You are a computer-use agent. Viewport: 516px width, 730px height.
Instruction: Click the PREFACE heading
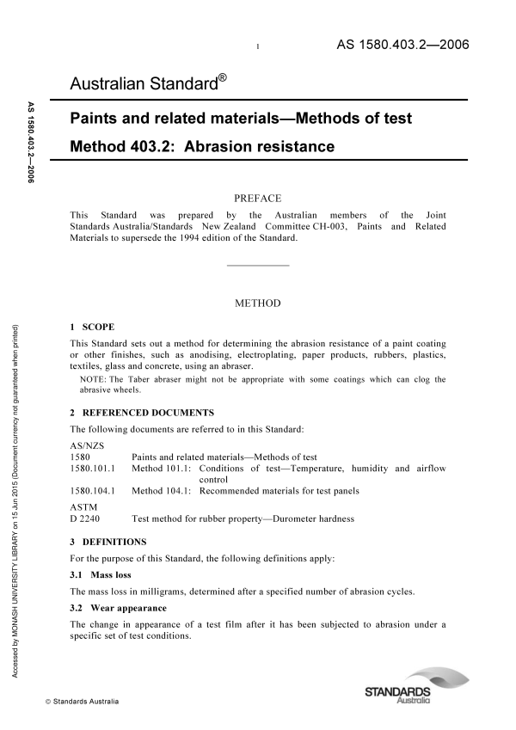pyautogui.click(x=257, y=198)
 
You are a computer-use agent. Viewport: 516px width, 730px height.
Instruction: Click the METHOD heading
pyautogui.click(x=257, y=303)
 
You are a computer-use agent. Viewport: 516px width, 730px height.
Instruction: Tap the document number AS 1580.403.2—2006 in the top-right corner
pyautogui.click(x=399, y=45)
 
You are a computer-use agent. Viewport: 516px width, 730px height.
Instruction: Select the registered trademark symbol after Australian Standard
pyautogui.click(x=222, y=78)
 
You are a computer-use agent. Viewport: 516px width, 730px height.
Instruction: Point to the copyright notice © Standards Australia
pyautogui.click(x=77, y=702)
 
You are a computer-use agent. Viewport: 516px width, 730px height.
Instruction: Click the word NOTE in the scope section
pyautogui.click(x=94, y=379)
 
